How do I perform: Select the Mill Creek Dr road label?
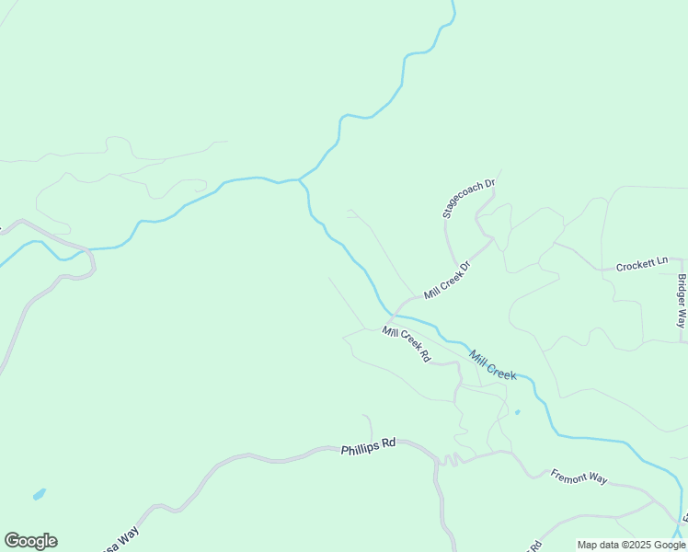(x=447, y=281)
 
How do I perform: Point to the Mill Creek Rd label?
(x=407, y=344)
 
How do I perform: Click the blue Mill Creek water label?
(x=492, y=364)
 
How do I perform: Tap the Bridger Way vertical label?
(x=682, y=301)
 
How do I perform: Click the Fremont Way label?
(x=579, y=477)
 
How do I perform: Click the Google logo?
(x=30, y=541)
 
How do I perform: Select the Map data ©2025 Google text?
(x=631, y=545)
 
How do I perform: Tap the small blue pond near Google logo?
(x=39, y=495)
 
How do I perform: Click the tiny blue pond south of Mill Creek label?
(x=517, y=412)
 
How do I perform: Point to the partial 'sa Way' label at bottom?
(x=118, y=537)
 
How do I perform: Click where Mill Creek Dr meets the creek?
(x=395, y=314)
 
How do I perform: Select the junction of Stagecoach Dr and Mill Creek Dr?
(x=493, y=239)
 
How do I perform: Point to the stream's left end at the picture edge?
(x=2, y=264)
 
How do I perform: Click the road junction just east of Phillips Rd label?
(x=436, y=457)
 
